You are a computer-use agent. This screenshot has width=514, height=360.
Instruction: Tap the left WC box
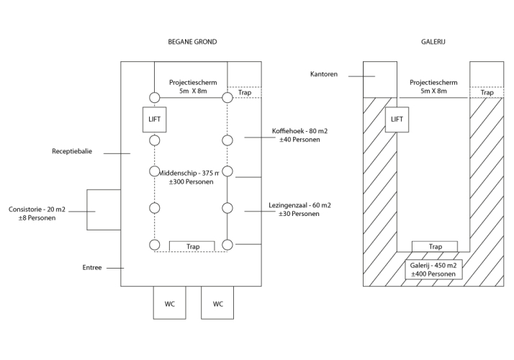tap(170, 303)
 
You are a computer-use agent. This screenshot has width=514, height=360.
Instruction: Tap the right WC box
tap(218, 303)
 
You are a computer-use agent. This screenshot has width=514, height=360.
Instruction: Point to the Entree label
tap(92, 268)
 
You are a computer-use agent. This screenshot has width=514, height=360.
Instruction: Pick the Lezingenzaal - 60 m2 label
tap(301, 205)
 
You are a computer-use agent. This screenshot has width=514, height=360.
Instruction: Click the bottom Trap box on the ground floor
tap(192, 246)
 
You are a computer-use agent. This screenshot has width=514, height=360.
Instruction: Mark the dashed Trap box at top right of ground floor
tap(245, 92)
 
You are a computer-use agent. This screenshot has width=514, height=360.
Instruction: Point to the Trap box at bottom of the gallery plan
tap(435, 246)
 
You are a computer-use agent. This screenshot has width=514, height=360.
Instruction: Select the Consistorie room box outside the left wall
tap(103, 209)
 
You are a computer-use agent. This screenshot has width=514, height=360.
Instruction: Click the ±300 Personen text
tap(190, 183)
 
